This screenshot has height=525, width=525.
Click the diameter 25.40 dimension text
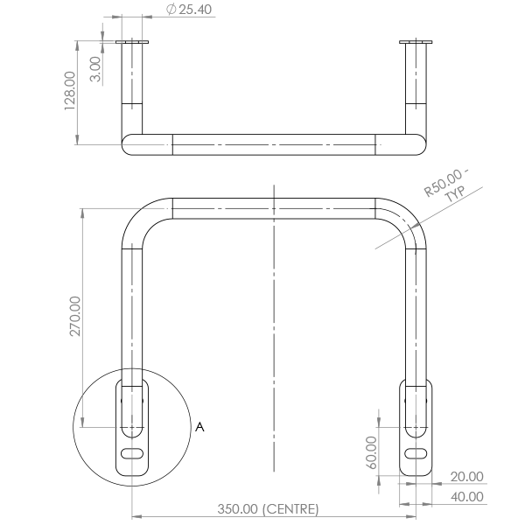click(189, 9)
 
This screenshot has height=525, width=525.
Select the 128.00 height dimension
click(70, 91)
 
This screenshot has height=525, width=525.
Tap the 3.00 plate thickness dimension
click(95, 69)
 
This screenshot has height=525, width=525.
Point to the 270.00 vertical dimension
click(75, 316)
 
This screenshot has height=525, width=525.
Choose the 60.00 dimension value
click(371, 452)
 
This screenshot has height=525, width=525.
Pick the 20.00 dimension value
click(466, 477)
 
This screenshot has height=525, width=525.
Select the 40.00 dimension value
click(466, 496)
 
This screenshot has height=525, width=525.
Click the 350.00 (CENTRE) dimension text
click(268, 509)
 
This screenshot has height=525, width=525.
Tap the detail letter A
click(199, 427)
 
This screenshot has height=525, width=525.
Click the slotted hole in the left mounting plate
click(132, 453)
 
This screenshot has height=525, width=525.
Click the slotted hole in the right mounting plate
click(416, 453)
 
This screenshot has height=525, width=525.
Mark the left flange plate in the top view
click(132, 42)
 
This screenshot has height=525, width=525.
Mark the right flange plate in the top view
click(416, 42)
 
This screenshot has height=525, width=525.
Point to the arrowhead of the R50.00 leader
click(415, 227)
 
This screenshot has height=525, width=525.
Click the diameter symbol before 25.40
click(171, 9)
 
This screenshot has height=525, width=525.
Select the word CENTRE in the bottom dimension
click(290, 509)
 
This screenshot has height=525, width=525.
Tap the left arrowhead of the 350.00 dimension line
click(137, 516)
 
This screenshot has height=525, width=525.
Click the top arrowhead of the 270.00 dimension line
click(82, 213)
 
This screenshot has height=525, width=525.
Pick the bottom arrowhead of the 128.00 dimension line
click(77, 140)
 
